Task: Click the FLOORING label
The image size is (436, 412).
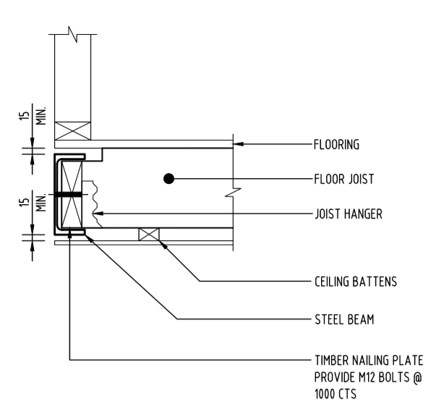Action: tap(338, 143)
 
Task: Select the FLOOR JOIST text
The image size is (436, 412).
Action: tap(343, 178)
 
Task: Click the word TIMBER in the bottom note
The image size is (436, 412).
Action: tap(331, 360)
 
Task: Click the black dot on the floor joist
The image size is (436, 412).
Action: tap(168, 178)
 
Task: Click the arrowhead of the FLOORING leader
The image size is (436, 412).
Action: tap(236, 143)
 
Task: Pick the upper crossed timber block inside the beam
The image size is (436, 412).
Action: tap(72, 176)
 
